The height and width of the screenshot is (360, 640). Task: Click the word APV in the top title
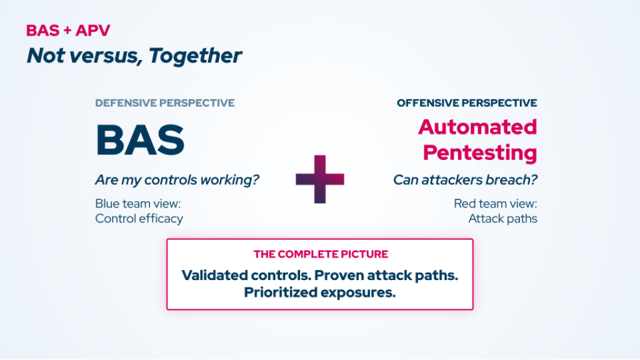tap(92, 31)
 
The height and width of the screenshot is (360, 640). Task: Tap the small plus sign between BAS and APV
tap(67, 31)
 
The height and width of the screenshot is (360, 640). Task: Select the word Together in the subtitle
tap(195, 56)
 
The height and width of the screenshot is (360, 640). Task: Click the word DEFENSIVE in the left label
tap(126, 103)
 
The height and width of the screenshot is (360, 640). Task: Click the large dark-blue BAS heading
tap(141, 140)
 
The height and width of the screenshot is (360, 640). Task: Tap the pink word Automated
tap(477, 127)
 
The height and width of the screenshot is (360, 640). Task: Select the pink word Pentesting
tap(480, 152)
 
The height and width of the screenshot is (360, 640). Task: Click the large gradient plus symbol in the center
tap(320, 179)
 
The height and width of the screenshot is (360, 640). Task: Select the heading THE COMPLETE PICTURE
tap(321, 254)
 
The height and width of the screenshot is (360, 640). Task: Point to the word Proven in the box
tap(339, 275)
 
